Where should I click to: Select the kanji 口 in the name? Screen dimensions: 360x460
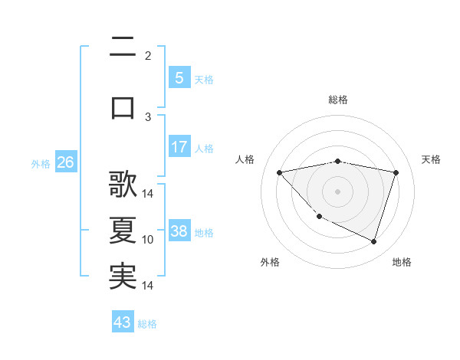[x=123, y=106]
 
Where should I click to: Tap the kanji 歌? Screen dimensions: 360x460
[x=123, y=185]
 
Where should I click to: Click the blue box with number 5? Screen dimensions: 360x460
[x=179, y=77]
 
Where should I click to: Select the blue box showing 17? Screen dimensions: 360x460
[x=179, y=147]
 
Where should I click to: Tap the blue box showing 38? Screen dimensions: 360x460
[x=179, y=231]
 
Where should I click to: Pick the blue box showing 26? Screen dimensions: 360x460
[x=65, y=162]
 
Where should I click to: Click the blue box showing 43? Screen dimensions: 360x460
[x=122, y=322]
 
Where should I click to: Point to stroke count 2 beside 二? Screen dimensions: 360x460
[x=148, y=56]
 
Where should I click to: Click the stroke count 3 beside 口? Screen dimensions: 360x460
[x=148, y=117]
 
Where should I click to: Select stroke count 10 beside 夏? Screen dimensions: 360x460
[x=148, y=240]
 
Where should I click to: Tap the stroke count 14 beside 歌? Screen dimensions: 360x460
[x=148, y=194]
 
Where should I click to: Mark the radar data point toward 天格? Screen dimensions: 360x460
[x=396, y=172]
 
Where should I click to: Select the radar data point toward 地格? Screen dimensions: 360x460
[x=373, y=241]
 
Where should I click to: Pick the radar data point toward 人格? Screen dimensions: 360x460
[x=280, y=172]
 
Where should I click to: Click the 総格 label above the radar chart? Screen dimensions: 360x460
[x=337, y=100]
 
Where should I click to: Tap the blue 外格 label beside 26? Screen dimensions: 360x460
[x=40, y=163]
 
